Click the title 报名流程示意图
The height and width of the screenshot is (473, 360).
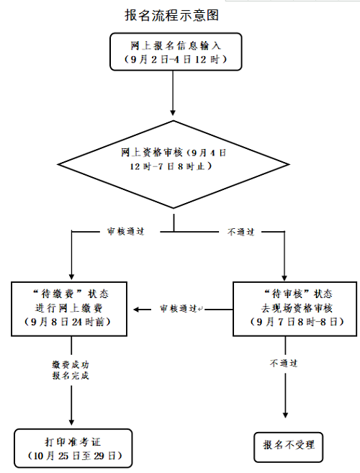tap(171, 14)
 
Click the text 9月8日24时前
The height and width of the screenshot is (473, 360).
tap(70, 321)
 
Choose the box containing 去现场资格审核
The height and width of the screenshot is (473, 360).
tap(287, 307)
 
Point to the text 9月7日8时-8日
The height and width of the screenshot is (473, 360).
tap(287, 321)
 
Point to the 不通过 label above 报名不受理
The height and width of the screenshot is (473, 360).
tap(284, 363)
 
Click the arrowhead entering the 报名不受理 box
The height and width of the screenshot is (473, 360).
tap(287, 415)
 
